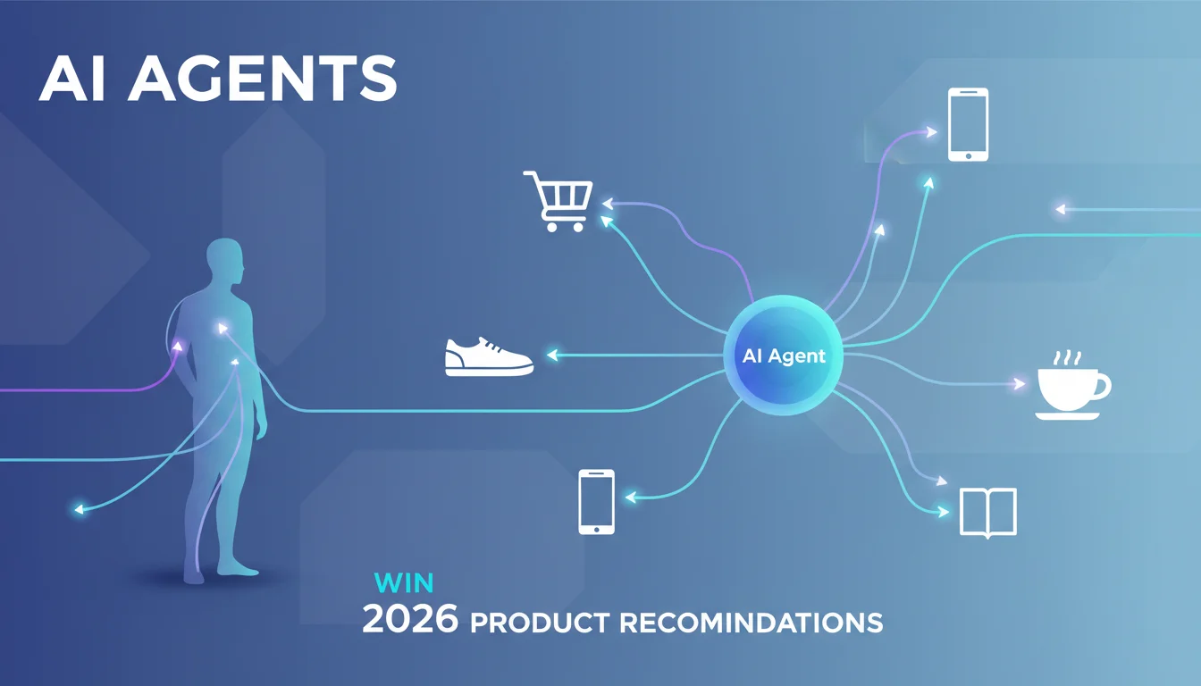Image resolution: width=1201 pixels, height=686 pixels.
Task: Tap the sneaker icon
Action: [489, 357]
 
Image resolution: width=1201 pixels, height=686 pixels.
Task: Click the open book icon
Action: [987, 512]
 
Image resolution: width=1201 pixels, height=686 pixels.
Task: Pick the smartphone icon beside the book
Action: [597, 502]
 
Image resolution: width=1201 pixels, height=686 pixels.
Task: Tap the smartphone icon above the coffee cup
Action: [969, 125]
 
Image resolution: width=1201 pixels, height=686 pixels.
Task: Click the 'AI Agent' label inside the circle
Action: [784, 356]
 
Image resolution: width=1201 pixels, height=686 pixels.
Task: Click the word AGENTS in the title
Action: [263, 79]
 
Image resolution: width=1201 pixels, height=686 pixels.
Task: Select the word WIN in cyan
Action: [404, 583]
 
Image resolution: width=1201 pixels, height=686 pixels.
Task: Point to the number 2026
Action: [411, 619]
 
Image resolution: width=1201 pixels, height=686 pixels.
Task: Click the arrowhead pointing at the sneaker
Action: [552, 355]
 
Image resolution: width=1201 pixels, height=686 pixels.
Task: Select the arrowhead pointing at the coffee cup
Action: [1018, 384]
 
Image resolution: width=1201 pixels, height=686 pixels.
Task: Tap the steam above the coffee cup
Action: [1067, 358]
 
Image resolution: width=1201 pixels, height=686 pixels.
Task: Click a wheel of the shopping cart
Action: [551, 227]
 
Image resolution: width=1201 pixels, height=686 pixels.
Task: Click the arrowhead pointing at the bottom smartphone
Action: [631, 498]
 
